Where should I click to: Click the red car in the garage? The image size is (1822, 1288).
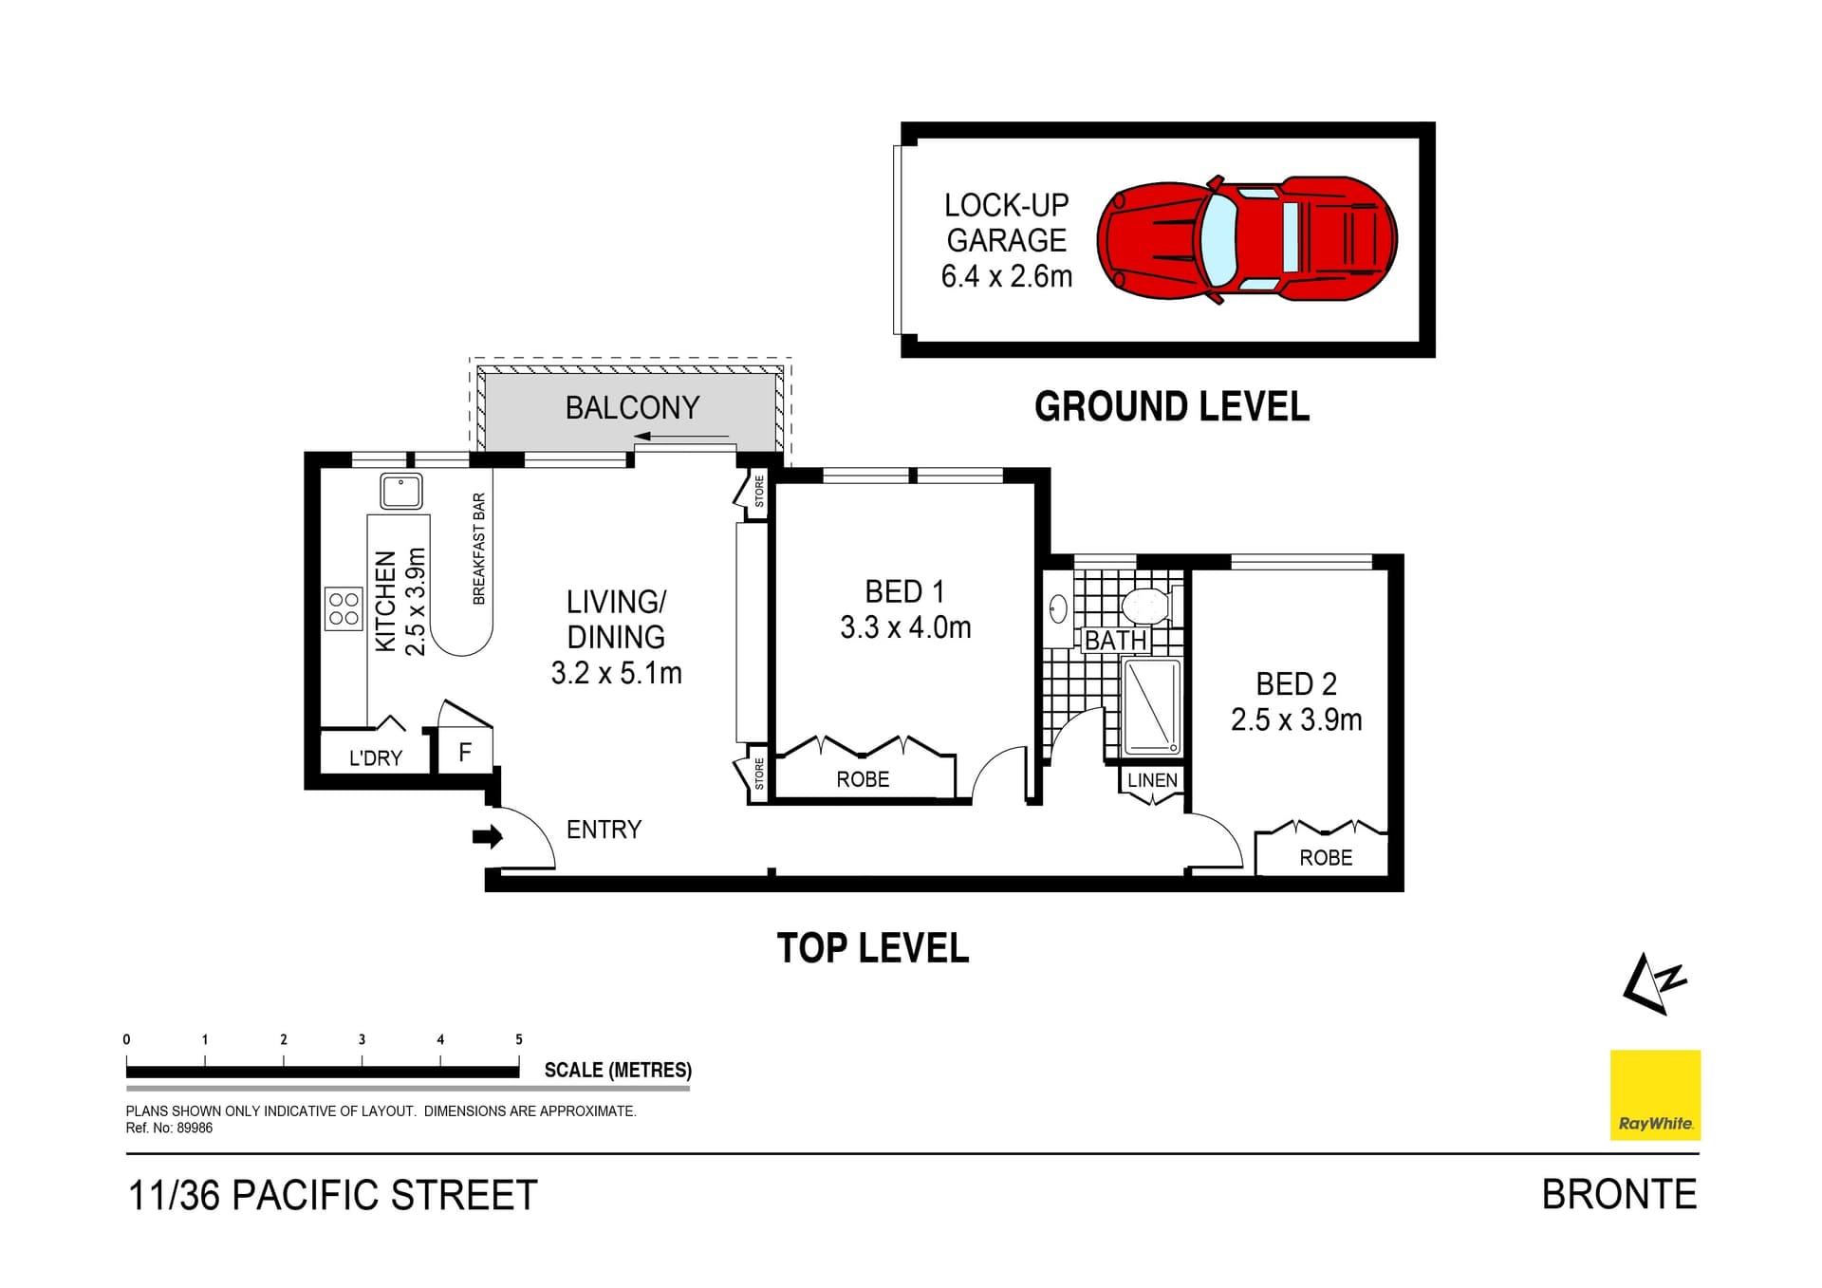coord(1247,239)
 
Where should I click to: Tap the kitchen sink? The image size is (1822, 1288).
coord(401,492)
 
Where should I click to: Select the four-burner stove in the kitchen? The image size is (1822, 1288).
coord(344,609)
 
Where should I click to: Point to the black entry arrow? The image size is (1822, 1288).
coord(488,836)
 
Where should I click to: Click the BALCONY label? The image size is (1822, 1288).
coord(632,407)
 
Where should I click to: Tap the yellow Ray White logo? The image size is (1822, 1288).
coord(1655,1094)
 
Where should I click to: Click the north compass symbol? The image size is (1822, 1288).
coord(1654,983)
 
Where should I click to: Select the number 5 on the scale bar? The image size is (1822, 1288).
coord(519,1039)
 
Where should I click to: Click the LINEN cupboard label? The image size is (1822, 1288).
coord(1152,780)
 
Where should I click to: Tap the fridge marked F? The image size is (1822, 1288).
coord(465,753)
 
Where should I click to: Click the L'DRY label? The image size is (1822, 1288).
coord(376,758)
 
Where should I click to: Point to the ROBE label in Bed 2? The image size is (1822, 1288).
coord(1326,858)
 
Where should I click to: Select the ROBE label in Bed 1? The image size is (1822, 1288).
coord(863,779)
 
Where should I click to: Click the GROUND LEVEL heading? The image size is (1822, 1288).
coord(1172,406)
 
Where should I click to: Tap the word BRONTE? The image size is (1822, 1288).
coord(1619,1195)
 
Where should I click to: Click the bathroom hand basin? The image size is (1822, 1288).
coord(1058,608)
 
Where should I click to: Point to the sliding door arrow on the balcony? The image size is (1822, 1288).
coord(681,437)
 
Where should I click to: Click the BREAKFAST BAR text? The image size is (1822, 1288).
coord(479,549)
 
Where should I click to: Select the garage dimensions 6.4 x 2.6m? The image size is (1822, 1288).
coord(1007,276)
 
